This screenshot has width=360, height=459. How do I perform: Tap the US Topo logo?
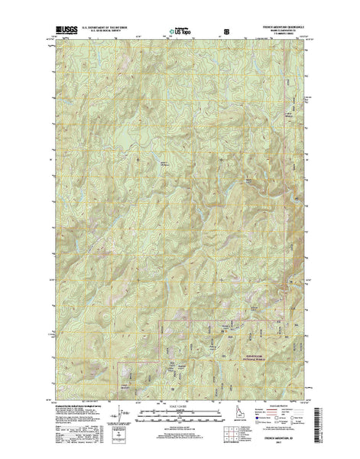click(182, 33)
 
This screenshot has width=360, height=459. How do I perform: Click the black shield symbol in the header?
click(224, 33)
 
